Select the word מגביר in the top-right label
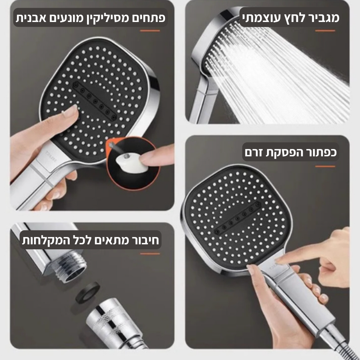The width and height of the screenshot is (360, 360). click(x=322, y=18)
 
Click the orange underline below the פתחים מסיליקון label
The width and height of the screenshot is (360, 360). click(x=150, y=31)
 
